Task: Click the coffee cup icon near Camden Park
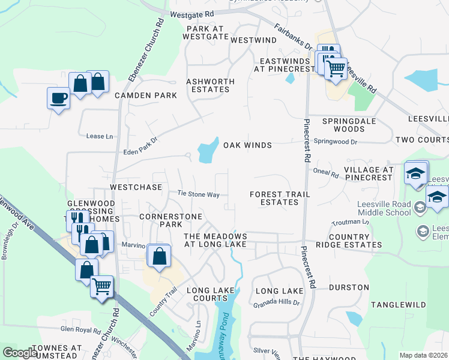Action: pos(58,98)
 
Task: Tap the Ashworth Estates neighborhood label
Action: pos(208,85)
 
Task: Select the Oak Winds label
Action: pos(247,145)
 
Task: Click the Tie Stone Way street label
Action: pos(198,194)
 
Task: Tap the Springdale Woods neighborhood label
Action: pos(343,125)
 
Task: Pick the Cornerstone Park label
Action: pos(160,220)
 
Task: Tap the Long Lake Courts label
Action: pos(210,295)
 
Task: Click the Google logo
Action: pos(20,353)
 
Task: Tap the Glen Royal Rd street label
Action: pos(80,329)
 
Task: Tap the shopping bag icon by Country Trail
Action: pos(159,256)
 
